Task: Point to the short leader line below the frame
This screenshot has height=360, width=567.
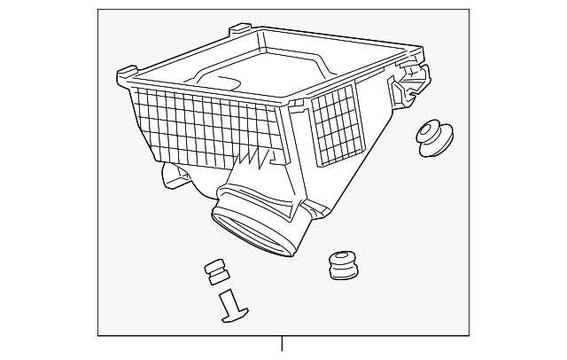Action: (x=282, y=343)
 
